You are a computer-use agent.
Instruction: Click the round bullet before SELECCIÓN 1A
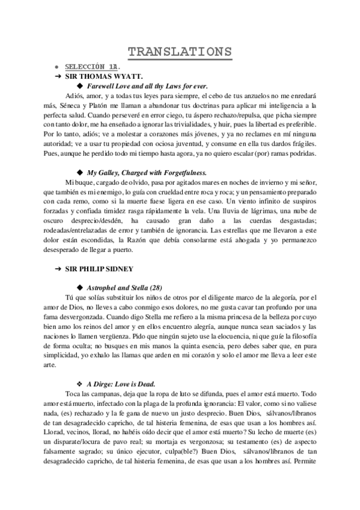56,67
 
